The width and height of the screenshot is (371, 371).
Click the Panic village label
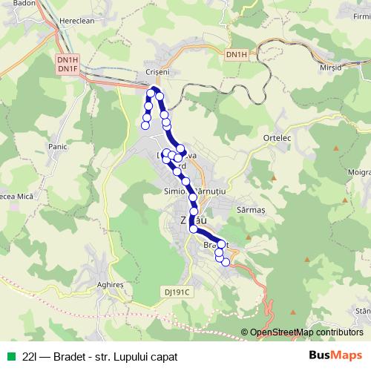(x=57, y=148)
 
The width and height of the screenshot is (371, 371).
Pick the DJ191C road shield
(x=178, y=292)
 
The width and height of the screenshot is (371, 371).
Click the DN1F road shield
(x=68, y=69)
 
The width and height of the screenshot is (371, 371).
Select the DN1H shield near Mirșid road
(x=237, y=55)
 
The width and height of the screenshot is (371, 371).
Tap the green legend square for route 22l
(x=10, y=356)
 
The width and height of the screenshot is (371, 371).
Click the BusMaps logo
(x=335, y=355)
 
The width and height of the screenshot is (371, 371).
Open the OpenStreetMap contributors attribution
(x=306, y=332)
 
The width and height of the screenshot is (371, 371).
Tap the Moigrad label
(x=360, y=172)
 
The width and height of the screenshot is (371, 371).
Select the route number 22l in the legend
(x=30, y=356)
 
